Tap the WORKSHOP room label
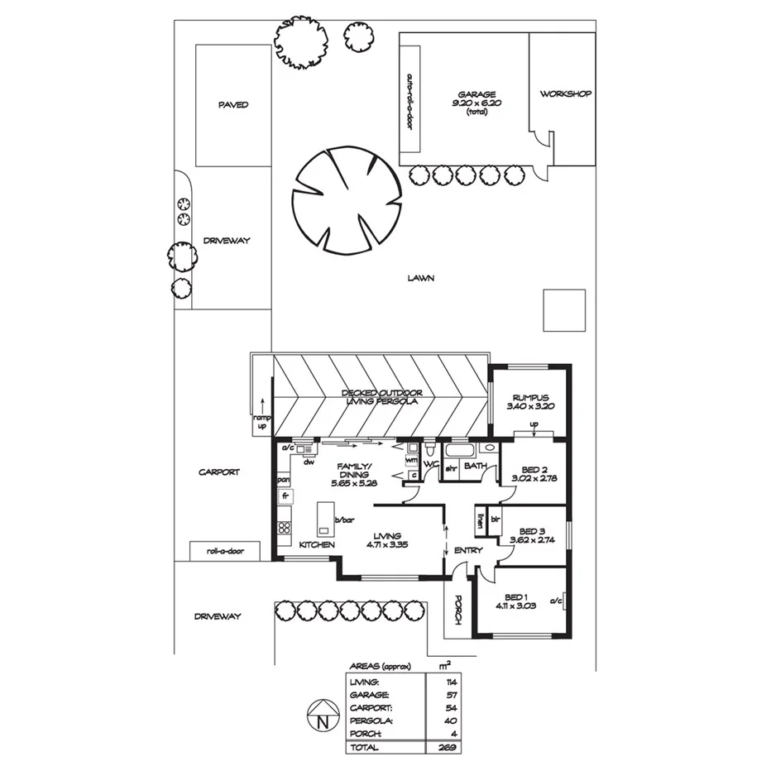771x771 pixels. (x=566, y=94)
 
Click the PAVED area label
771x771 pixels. (x=233, y=105)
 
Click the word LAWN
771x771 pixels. (x=421, y=279)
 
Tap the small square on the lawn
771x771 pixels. (x=564, y=310)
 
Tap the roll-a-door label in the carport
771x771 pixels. (x=224, y=551)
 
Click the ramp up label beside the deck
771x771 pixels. (x=261, y=423)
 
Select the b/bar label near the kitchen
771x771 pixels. (x=345, y=520)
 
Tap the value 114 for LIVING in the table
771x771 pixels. (x=450, y=682)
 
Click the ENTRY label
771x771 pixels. (x=468, y=550)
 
